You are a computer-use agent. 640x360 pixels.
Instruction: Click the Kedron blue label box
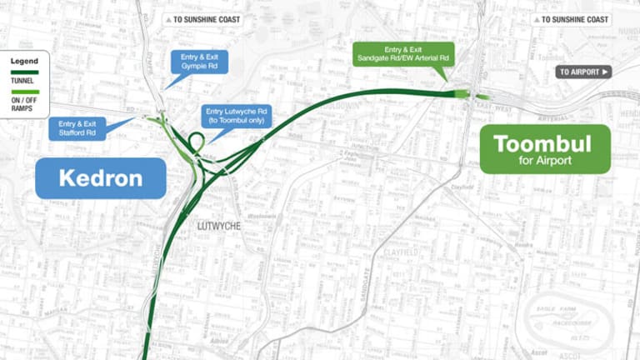pyautogui.click(x=100, y=178)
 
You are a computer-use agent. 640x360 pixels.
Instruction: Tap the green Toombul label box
pyautogui.click(x=545, y=149)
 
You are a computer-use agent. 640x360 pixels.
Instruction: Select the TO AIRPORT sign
pyautogui.click(x=583, y=72)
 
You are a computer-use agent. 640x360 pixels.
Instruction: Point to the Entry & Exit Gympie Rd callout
pyautogui.click(x=198, y=62)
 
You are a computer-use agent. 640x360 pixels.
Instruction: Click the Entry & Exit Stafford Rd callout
pyautogui.click(x=77, y=128)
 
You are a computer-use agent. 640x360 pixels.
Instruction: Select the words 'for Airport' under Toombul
pyautogui.click(x=544, y=161)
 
